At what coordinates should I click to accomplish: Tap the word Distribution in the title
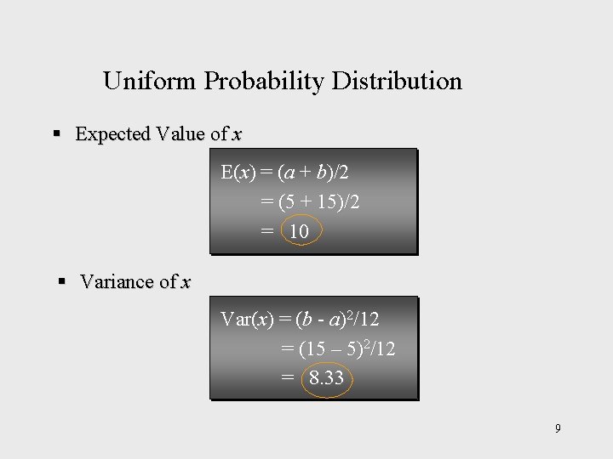(x=397, y=82)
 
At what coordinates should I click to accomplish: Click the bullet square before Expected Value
(x=57, y=133)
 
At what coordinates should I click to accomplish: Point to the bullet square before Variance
(x=62, y=281)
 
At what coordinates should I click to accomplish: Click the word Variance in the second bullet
(x=116, y=282)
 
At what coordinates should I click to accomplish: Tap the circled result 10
(x=299, y=231)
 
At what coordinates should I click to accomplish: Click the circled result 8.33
(x=326, y=378)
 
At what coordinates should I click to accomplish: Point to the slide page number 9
(x=558, y=428)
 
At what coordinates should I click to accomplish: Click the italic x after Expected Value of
(x=237, y=134)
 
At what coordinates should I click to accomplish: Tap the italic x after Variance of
(x=186, y=282)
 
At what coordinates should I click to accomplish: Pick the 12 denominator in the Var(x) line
(x=369, y=320)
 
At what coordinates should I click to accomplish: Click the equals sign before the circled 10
(x=267, y=231)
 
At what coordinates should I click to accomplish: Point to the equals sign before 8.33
(x=288, y=378)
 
